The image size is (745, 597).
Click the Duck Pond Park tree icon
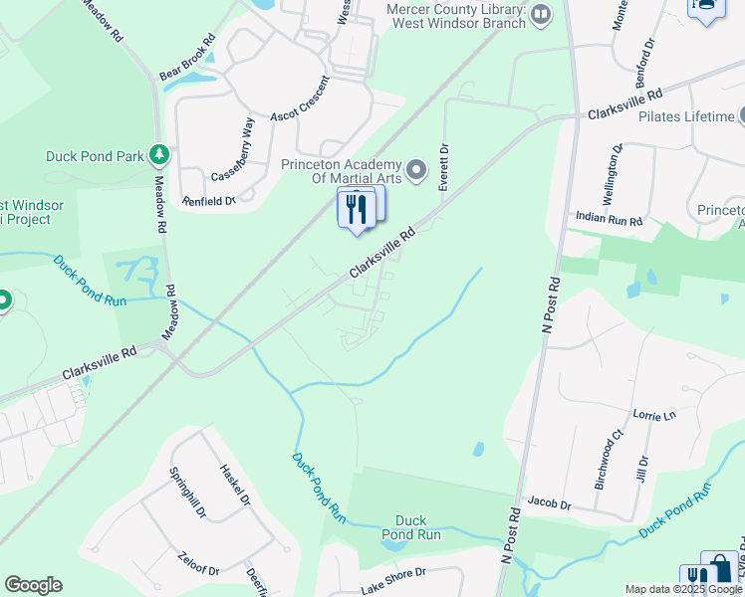pos(158,154)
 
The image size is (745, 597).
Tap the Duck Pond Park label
pos(95,156)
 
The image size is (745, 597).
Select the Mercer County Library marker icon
pos(541,14)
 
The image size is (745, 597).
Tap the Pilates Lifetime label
pos(686,116)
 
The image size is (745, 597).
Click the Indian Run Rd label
pos(609,217)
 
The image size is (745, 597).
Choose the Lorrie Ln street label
pos(654,413)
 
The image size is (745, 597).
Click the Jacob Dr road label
pos(549,504)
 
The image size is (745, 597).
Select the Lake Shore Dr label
pos(393,581)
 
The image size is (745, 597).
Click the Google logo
pos(33,585)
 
